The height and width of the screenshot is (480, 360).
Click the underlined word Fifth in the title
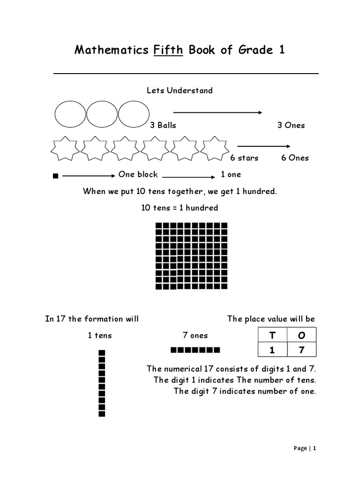click(168, 50)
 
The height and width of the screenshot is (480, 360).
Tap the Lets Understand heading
click(180, 90)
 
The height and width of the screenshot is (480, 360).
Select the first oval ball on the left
click(70, 114)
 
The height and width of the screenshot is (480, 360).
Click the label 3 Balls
click(163, 125)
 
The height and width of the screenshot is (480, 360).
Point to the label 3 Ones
click(291, 125)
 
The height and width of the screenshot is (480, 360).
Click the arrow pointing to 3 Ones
click(217, 112)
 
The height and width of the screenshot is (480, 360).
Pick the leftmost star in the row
click(65, 149)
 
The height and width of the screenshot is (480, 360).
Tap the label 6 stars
click(244, 158)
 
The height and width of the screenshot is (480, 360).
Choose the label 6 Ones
click(295, 158)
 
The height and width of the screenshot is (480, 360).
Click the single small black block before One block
click(56, 176)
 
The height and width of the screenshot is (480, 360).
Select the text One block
click(138, 174)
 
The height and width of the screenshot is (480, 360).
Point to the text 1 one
click(231, 174)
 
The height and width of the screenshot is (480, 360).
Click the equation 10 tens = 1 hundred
click(180, 208)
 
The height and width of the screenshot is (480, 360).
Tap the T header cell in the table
click(272, 335)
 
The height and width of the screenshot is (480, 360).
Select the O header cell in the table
click(301, 335)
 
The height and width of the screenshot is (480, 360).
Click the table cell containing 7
click(301, 350)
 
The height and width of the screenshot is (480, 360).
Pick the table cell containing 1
click(272, 350)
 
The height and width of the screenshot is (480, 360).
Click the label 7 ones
click(195, 336)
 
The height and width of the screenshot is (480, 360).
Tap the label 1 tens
click(100, 336)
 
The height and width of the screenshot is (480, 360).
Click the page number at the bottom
click(305, 448)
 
